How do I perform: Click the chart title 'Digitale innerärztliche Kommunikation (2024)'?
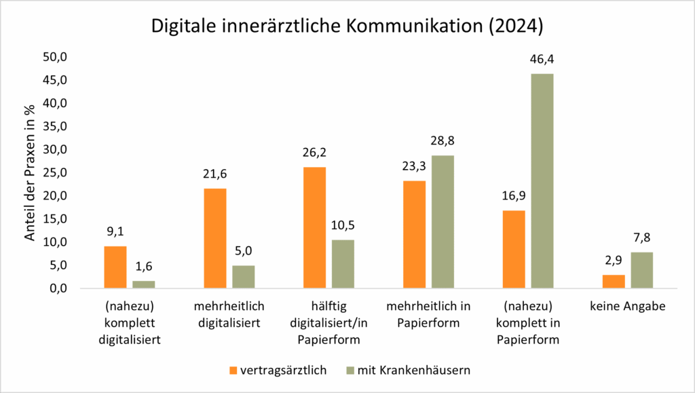(347, 27)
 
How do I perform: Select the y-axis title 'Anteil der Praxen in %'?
(31, 172)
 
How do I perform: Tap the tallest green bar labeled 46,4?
(542, 181)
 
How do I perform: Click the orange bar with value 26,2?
(314, 227)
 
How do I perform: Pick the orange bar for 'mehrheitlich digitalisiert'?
(215, 238)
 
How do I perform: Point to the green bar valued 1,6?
(144, 284)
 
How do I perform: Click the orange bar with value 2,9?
(614, 282)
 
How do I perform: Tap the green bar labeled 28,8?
(443, 221)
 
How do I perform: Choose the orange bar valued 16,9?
(514, 249)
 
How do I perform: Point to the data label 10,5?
(343, 224)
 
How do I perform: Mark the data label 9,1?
(115, 230)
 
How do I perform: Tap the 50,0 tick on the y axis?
(56, 57)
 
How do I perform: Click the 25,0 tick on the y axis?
(56, 172)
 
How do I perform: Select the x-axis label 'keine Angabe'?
(628, 307)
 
